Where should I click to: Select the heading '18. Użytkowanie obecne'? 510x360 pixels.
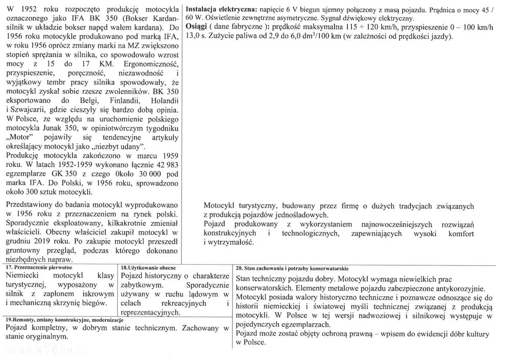(x=149, y=267)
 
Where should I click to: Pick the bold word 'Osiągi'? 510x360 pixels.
(x=197, y=27)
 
